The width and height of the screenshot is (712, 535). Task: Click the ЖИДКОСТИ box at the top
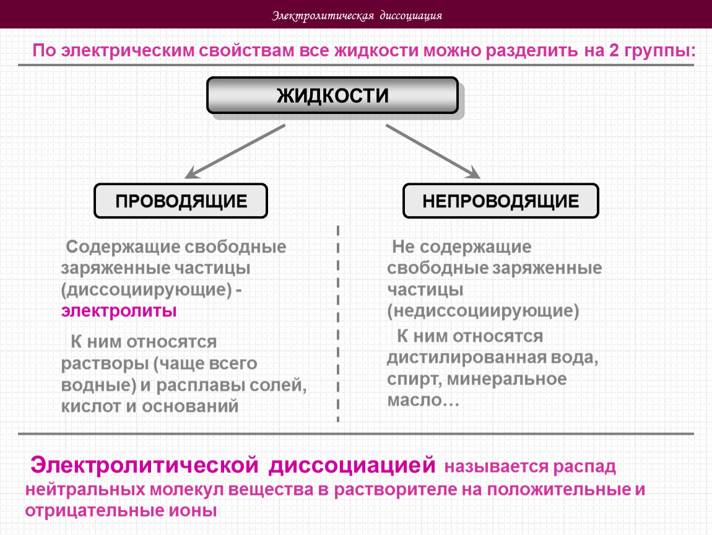tap(332, 95)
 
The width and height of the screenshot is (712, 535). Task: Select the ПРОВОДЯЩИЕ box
tap(181, 201)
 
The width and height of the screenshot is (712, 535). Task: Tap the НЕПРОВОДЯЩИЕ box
tap(501, 201)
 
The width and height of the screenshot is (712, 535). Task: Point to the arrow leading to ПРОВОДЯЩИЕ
tap(235, 151)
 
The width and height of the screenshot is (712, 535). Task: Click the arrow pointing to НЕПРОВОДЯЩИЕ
tap(433, 151)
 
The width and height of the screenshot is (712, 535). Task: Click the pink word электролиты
tap(119, 311)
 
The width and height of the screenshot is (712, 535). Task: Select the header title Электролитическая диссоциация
tap(357, 15)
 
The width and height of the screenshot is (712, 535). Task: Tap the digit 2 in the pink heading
tap(614, 50)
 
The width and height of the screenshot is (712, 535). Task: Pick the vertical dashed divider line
tap(338, 324)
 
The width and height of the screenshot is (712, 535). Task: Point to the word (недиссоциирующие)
tap(483, 311)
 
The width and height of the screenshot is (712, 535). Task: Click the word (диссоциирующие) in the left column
tap(147, 290)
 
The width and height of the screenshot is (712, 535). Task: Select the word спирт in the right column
tap(413, 379)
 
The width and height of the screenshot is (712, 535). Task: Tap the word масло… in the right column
tap(423, 401)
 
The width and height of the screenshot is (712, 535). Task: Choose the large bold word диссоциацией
tap(352, 466)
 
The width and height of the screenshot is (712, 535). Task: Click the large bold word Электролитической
tap(144, 466)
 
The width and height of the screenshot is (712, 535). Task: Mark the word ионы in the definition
tap(193, 510)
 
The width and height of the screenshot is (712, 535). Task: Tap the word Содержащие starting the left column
tap(123, 247)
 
